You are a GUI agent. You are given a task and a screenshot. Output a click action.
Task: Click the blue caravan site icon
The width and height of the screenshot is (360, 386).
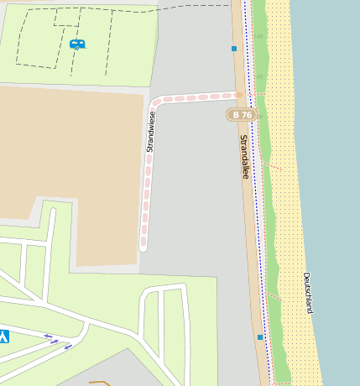coord(77,44)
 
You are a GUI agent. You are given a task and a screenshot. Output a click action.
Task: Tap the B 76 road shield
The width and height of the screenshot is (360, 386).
coord(242,114)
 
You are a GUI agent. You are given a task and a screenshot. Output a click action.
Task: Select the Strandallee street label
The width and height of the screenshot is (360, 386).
coord(245,156)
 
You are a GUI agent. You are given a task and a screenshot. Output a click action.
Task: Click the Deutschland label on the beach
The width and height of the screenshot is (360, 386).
coord(308,292)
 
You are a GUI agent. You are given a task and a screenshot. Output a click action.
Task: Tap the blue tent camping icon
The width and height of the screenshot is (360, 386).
coord(3,336)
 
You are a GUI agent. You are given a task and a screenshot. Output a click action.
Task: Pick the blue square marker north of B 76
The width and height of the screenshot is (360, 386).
coord(234,49)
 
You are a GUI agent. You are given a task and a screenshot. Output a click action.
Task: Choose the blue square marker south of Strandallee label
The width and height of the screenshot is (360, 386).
coord(260,337)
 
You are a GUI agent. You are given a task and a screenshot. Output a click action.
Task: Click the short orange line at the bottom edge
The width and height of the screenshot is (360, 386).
coord(99,383)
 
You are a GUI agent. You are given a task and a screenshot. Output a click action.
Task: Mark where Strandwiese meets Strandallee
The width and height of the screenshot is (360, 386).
coord(239,95)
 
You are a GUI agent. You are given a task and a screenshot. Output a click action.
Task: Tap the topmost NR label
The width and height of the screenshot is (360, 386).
coord(259,36)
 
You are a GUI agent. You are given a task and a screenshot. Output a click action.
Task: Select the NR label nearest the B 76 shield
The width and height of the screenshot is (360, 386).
coord(260,117)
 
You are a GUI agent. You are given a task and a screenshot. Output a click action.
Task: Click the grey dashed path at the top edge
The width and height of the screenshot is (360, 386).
coord(193,7)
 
